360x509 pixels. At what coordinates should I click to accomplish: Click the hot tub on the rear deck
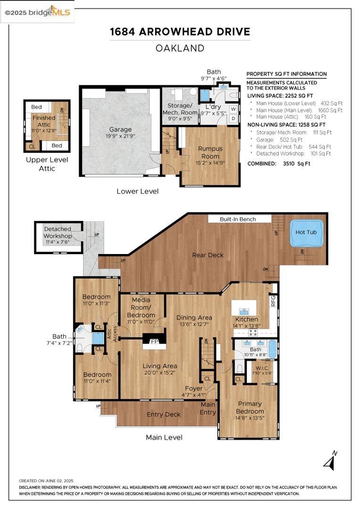tap(306, 233)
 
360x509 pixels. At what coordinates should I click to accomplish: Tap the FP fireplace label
tap(155, 342)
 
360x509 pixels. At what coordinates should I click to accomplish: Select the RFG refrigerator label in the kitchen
tap(273, 301)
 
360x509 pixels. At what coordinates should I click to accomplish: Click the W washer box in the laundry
tap(233, 109)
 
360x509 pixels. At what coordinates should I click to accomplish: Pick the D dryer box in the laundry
tap(233, 119)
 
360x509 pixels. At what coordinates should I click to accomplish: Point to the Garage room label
tap(120, 130)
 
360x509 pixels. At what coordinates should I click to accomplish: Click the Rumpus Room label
tap(210, 152)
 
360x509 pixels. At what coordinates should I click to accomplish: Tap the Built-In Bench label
tap(238, 219)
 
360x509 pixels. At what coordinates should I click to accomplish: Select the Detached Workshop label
tap(57, 232)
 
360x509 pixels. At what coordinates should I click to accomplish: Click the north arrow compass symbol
tap(330, 460)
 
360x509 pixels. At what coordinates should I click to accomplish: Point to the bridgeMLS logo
tap(37, 12)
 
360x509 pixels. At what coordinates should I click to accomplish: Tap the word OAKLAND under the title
tap(180, 49)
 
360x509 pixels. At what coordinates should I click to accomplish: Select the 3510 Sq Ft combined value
tap(296, 164)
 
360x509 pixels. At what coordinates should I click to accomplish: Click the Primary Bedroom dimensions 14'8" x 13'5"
tap(249, 418)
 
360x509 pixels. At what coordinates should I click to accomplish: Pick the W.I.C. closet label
tap(262, 368)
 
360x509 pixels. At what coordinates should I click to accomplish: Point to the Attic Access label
tap(112, 333)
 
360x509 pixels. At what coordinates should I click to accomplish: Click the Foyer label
tap(194, 388)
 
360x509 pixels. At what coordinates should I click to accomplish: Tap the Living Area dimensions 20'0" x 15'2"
tap(160, 373)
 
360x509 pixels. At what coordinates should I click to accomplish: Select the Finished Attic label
tap(44, 121)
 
